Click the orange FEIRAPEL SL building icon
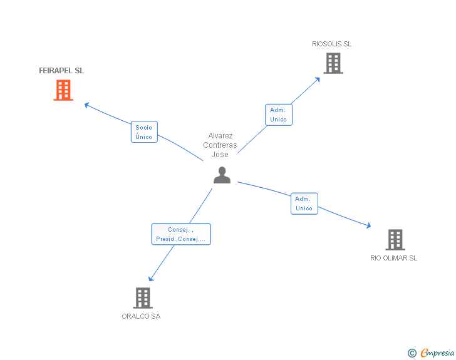[63, 90]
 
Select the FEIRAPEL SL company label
[61, 71]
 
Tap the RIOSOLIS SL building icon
[333, 63]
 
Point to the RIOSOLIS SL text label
[332, 44]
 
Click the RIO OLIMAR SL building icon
[395, 239]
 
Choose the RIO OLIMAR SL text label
[393, 258]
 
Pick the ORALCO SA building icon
[143, 297]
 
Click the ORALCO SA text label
[141, 316]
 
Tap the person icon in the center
[222, 175]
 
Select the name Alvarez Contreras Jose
[220, 145]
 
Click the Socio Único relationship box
[144, 132]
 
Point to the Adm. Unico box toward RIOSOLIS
[278, 115]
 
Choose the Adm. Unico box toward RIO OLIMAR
[304, 203]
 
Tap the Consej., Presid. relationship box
[181, 234]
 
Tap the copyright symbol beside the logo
[412, 354]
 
